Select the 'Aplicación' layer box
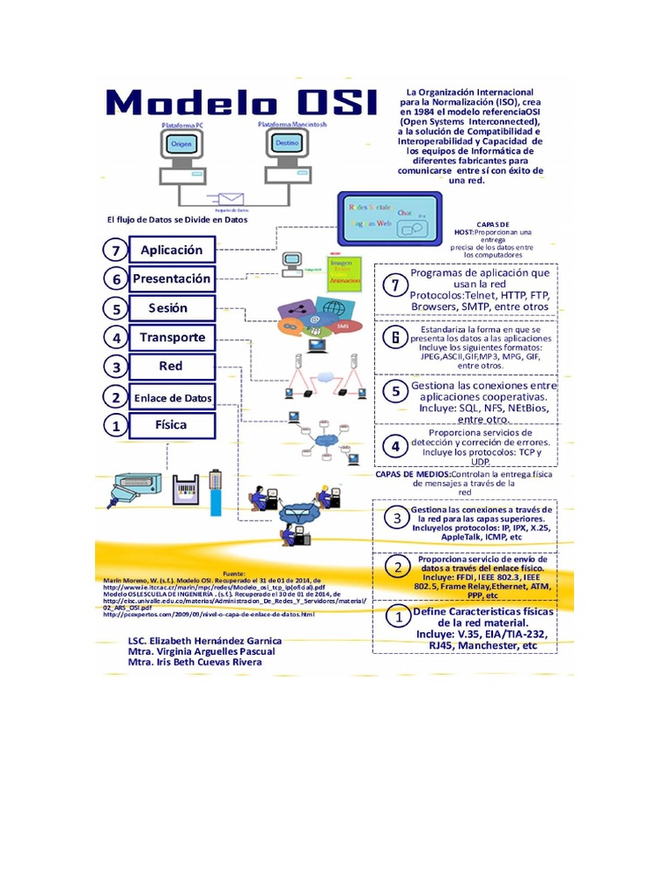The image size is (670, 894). [171, 250]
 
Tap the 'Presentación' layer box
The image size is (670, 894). [171, 279]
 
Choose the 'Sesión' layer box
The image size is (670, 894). [171, 308]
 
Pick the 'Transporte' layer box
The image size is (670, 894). [171, 337]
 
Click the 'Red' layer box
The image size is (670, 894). [171, 366]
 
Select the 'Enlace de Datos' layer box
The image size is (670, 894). [171, 397]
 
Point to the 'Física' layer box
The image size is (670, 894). [171, 426]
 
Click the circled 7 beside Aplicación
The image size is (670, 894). [114, 251]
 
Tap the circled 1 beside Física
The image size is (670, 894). [114, 427]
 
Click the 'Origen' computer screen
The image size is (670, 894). [181, 145]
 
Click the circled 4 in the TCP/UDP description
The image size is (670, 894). [395, 446]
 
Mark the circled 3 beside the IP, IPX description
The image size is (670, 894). [397, 519]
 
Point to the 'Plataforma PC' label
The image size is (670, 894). [182, 127]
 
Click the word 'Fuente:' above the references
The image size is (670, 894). [236, 564]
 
